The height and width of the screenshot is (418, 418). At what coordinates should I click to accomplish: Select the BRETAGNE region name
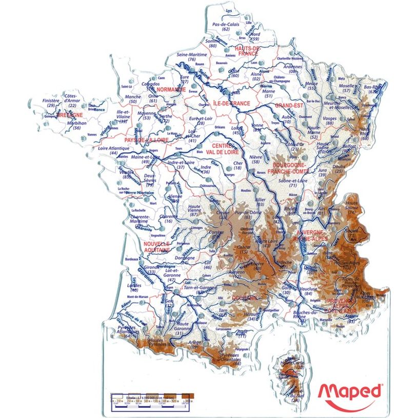tap(71, 115)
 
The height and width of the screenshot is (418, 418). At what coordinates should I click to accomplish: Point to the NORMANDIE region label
tap(171, 89)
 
